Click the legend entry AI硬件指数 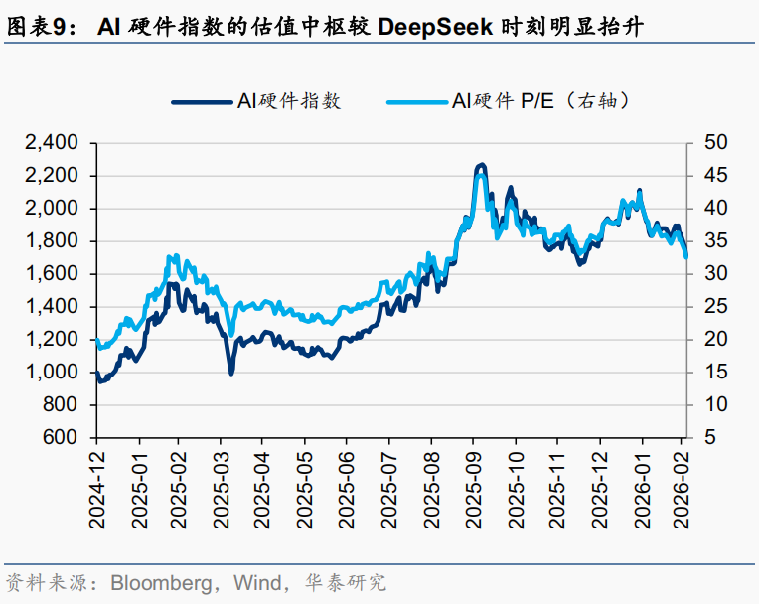pos(288,100)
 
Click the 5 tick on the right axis pos(709,438)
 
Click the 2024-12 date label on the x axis pos(97,490)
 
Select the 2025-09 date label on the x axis pos(474,490)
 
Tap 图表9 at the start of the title pos(36,28)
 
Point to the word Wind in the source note pos(255,581)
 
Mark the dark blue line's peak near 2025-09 pos(481,164)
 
